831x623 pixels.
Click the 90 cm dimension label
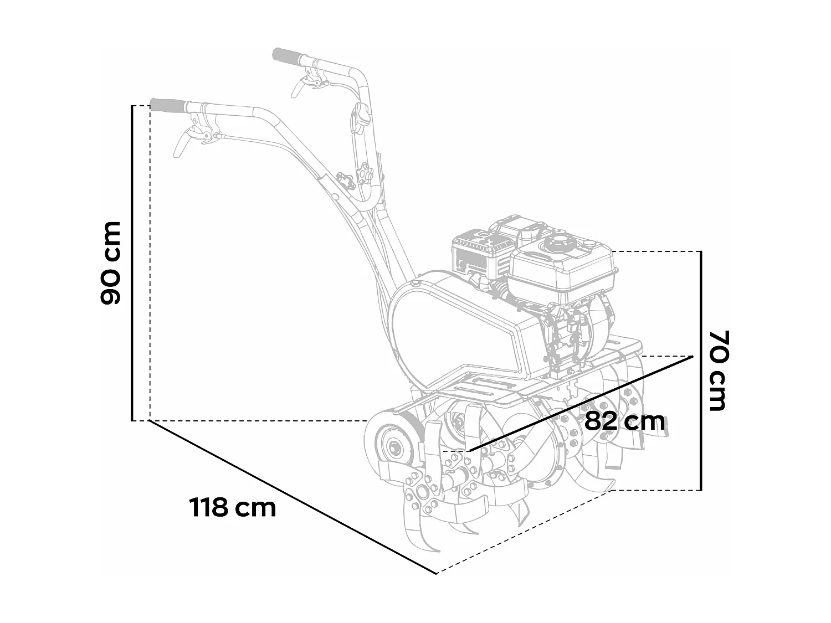111,262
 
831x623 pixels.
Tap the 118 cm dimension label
233,507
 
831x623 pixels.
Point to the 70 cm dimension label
718,370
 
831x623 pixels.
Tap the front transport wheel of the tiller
391,446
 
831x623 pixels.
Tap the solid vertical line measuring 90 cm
132,262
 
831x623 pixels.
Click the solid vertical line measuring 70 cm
701,370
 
